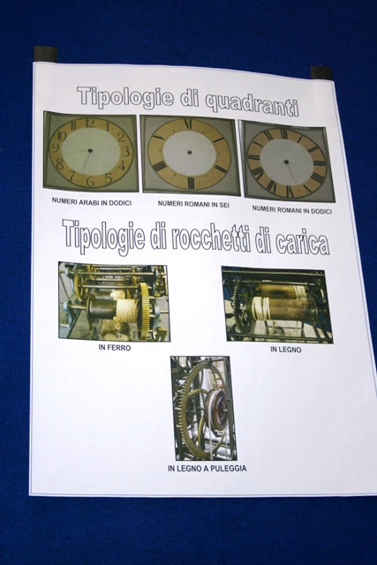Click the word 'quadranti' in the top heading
coord(252,104)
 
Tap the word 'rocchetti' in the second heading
coord(211,238)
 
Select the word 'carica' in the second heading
coord(302,244)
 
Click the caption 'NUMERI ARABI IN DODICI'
coord(92,201)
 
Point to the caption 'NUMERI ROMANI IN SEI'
coord(193,204)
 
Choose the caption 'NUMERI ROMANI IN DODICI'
coord(291,209)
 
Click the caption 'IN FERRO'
coord(114,348)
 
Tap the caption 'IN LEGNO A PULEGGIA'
coord(207,469)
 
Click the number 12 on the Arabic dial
coord(90,124)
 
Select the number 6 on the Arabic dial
coord(90,181)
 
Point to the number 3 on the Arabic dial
coord(125,151)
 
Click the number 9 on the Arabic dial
coord(56,147)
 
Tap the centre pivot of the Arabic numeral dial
coord(90,151)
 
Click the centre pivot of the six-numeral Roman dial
coord(190,153)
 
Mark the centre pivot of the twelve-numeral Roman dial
coord(286,162)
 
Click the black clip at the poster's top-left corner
coord(46,55)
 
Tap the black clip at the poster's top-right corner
coord(321,73)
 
